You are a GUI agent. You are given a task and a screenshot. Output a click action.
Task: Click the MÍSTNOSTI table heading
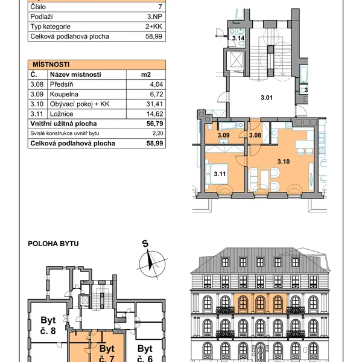[51, 65]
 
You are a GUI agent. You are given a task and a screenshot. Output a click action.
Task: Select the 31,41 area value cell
[154, 104]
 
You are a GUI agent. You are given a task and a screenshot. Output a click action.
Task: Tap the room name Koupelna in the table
[64, 94]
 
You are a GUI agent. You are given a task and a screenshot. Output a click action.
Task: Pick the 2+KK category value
[154, 27]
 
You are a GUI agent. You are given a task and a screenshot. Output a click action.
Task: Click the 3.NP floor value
[154, 17]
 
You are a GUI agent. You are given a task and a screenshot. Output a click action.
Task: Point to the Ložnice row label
[62, 114]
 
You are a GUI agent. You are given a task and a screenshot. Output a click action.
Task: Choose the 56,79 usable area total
[154, 124]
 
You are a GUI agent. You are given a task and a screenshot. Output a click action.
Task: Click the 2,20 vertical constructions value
[157, 133]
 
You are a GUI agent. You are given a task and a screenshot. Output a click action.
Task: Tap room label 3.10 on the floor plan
[284, 162]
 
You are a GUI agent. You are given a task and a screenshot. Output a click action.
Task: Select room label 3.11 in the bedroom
[220, 174]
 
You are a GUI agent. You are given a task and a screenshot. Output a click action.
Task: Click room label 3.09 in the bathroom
[223, 135]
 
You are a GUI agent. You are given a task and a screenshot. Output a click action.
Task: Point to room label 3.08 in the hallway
[255, 135]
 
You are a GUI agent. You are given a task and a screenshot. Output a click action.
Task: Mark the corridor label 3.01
[267, 97]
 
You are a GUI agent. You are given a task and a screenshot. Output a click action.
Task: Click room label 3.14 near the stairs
[238, 38]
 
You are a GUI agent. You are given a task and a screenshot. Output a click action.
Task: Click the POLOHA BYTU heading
[53, 244]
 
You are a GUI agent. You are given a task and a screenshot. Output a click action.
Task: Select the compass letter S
[145, 244]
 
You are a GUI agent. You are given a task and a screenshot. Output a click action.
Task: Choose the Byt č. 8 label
[48, 326]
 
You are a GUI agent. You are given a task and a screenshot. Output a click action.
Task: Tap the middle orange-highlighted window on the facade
[260, 303]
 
